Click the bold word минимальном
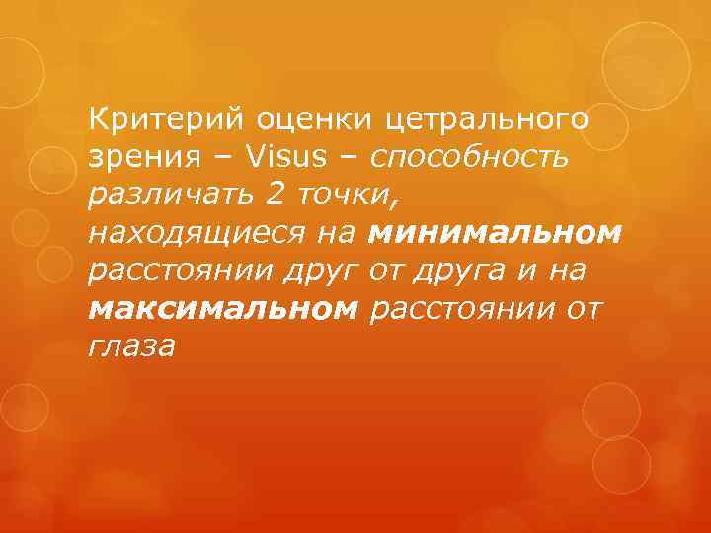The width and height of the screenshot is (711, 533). coord(495,234)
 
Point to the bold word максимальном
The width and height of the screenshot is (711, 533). coord(223,309)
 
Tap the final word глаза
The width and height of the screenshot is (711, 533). coord(131,346)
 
